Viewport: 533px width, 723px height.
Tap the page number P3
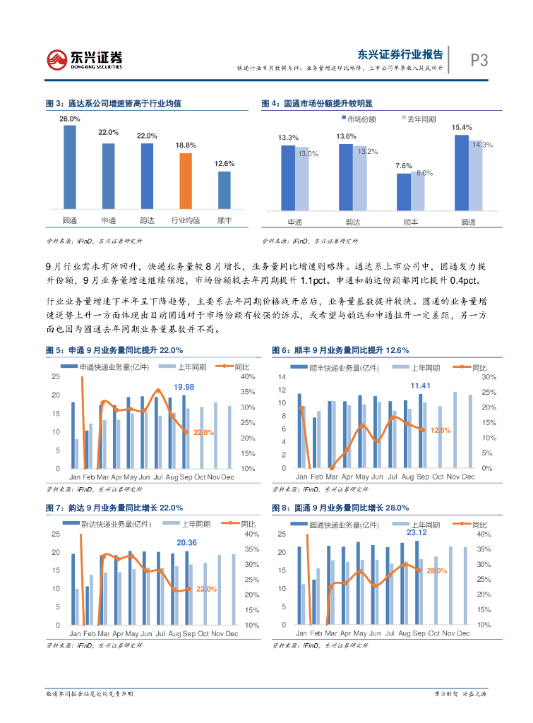point(479,61)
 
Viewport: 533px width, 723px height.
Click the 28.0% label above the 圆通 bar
point(69,119)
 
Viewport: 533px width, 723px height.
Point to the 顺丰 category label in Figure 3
point(224,221)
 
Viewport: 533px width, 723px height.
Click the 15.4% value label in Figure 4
point(461,127)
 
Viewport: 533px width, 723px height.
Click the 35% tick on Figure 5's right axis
point(248,392)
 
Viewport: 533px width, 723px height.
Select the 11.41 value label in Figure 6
point(421,386)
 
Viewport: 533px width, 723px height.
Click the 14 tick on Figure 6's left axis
point(282,377)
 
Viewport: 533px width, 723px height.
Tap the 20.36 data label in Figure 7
point(186,542)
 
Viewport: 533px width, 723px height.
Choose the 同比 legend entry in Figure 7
point(248,524)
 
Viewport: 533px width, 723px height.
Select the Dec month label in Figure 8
point(464,634)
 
